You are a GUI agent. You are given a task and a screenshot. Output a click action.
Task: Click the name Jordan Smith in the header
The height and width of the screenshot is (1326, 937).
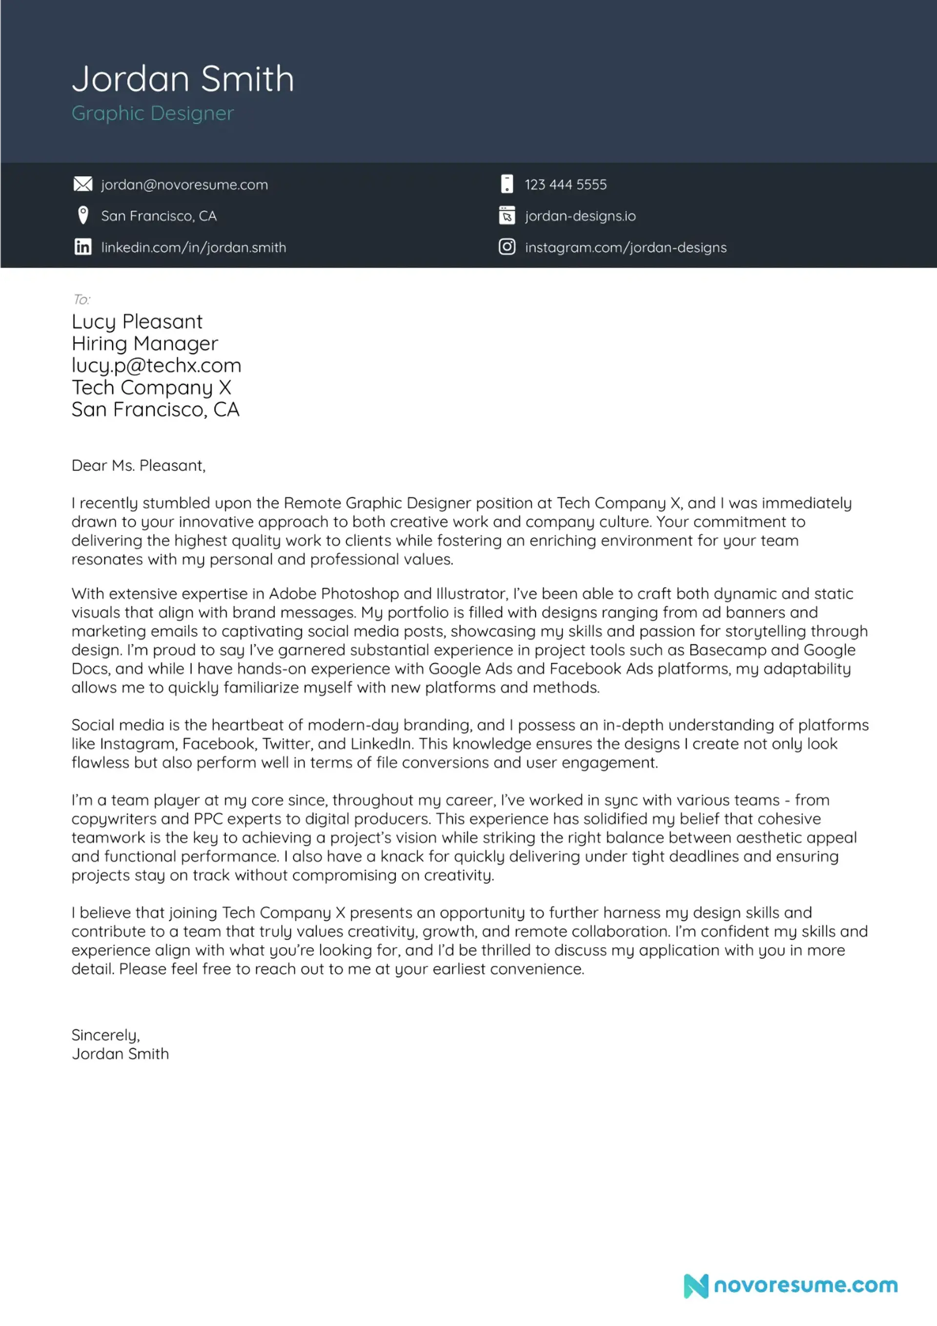(183, 79)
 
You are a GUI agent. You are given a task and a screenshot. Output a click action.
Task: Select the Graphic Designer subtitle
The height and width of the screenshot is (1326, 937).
(153, 113)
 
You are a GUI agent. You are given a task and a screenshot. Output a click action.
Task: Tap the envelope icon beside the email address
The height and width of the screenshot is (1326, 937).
(82, 184)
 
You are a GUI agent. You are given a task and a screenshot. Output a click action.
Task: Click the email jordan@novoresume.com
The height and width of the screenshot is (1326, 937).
(184, 185)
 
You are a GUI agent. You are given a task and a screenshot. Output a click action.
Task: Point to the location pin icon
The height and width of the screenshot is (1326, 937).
(82, 215)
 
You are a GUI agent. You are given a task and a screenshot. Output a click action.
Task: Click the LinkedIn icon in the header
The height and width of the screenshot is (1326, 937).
(82, 247)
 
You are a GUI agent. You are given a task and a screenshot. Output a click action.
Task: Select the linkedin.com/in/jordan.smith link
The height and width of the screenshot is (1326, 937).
(194, 248)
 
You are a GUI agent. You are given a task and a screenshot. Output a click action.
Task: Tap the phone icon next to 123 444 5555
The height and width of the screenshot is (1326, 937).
(507, 184)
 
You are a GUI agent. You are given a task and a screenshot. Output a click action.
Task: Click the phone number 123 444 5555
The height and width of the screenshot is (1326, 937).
(566, 185)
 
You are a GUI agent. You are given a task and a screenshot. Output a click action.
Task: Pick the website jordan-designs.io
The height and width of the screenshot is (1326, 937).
(580, 216)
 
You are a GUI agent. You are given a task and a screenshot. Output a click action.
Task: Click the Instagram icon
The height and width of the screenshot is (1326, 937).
(507, 247)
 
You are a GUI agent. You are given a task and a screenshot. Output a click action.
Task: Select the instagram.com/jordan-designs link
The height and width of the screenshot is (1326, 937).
(626, 248)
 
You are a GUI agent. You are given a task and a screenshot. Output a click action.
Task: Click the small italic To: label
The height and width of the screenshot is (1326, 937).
(81, 299)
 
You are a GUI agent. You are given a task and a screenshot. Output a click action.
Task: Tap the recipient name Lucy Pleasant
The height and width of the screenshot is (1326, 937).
(137, 322)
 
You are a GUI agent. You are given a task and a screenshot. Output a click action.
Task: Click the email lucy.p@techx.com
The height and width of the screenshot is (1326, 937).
(156, 366)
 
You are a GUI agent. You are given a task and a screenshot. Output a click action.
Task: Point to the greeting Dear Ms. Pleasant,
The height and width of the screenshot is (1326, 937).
(138, 466)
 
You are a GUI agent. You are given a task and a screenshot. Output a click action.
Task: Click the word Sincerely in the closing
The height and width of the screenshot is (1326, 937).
(104, 1035)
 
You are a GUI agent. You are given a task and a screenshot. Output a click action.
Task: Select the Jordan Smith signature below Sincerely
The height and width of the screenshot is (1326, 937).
(120, 1054)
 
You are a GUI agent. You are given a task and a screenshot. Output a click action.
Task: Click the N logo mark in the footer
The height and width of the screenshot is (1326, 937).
(695, 1285)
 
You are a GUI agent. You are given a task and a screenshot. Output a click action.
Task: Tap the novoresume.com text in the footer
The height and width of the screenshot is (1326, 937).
(806, 1285)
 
